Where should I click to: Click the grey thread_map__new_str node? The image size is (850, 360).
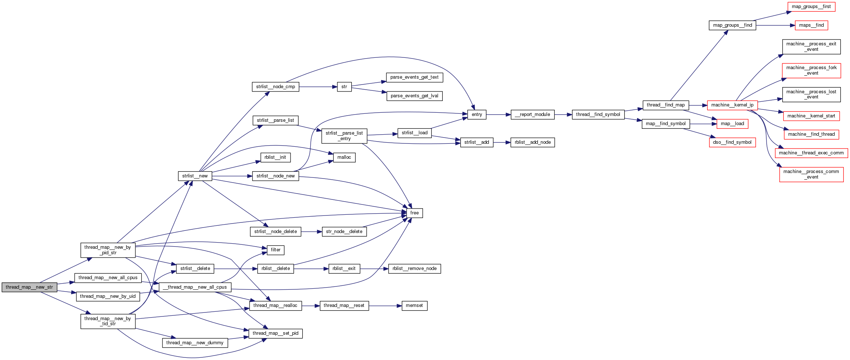click(29, 287)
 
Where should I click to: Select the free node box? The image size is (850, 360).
click(415, 213)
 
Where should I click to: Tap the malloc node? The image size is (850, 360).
click(344, 157)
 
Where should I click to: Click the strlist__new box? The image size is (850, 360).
click(195, 176)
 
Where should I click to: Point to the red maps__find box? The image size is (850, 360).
click(811, 25)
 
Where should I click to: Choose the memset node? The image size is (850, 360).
click(414, 305)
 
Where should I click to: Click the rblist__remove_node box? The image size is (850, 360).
click(414, 269)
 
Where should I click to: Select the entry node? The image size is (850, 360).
click(477, 115)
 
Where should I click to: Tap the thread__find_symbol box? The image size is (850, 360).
click(598, 115)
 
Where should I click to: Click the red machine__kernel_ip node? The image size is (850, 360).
click(732, 105)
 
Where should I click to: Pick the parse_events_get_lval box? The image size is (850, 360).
click(414, 96)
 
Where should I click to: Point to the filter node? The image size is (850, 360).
click(276, 250)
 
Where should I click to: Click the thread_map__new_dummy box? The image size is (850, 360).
click(195, 343)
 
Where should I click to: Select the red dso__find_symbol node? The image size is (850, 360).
click(732, 142)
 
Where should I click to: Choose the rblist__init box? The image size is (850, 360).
click(275, 157)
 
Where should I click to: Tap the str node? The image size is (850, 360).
click(344, 87)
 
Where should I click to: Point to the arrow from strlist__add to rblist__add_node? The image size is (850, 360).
click(502, 142)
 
